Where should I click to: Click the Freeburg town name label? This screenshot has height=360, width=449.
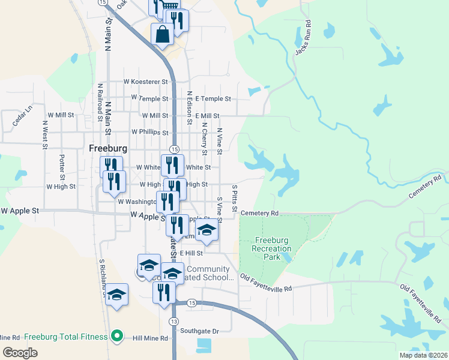pyautogui.click(x=108, y=148)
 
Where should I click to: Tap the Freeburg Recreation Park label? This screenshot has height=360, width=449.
pyautogui.click(x=264, y=248)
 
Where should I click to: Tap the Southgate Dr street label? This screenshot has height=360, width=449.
pyautogui.click(x=200, y=331)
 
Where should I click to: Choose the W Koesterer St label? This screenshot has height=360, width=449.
pyautogui.click(x=146, y=82)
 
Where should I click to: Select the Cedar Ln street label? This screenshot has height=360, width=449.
pyautogui.click(x=22, y=116)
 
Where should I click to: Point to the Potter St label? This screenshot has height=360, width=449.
pyautogui.click(x=62, y=167)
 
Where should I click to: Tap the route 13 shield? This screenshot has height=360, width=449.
pyautogui.click(x=173, y=322)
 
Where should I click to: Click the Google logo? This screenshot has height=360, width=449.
pyautogui.click(x=20, y=352)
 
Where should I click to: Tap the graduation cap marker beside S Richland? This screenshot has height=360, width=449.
pyautogui.click(x=116, y=295)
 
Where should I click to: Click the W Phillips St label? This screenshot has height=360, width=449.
pyautogui.click(x=149, y=132)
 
